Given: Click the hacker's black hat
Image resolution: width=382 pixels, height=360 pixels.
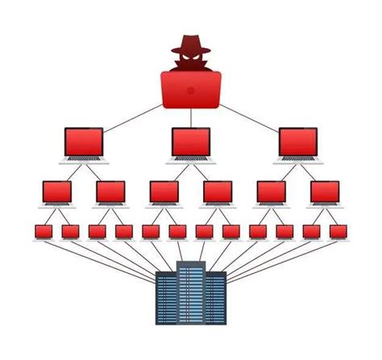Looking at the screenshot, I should click(x=191, y=41).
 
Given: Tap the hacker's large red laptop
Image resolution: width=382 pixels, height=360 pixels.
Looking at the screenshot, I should click(x=191, y=88).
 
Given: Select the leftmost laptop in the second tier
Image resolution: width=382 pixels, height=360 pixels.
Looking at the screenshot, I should click(x=83, y=142).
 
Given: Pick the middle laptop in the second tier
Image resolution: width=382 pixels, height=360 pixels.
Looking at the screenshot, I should click(x=191, y=142).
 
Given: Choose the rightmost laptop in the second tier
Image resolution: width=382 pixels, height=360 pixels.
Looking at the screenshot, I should click(x=298, y=142).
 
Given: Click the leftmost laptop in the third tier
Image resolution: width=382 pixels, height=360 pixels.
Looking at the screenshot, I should click(x=56, y=192).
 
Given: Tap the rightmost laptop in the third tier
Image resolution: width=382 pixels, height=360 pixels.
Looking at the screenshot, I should click(x=325, y=192).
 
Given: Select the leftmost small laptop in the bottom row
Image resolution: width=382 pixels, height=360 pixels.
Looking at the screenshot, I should click(x=44, y=231).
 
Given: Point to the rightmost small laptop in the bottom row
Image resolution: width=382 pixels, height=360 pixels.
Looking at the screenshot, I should click(x=338, y=231).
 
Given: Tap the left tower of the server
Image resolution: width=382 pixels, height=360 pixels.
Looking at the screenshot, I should click(x=166, y=300).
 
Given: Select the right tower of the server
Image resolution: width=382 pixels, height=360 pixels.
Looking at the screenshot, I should click(x=216, y=300).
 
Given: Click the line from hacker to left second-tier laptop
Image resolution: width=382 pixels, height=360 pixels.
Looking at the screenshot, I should click(x=133, y=115).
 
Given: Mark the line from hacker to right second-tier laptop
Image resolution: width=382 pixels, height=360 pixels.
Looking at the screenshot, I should click(x=250, y=115).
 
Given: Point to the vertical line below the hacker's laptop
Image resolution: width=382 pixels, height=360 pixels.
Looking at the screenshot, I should click(x=191, y=117).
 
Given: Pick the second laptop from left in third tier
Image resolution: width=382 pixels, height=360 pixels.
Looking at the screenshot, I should click(x=110, y=192).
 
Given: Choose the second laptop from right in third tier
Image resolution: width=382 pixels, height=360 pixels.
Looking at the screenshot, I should click(x=272, y=192).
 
